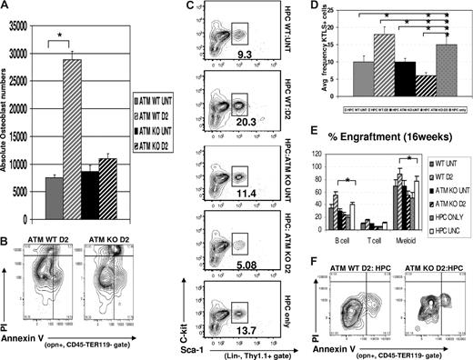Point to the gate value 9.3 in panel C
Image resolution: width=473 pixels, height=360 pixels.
(x=246, y=55)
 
